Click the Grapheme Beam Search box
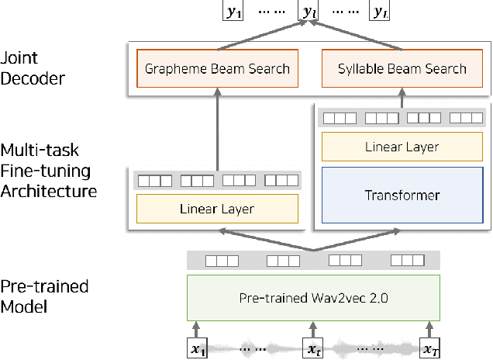click(217, 67)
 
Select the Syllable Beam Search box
click(402, 67)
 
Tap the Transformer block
click(402, 195)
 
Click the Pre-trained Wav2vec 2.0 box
click(313, 297)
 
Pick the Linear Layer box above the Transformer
click(402, 146)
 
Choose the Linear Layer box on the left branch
click(217, 209)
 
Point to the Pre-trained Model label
click(44, 296)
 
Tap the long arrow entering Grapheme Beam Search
click(217, 128)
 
